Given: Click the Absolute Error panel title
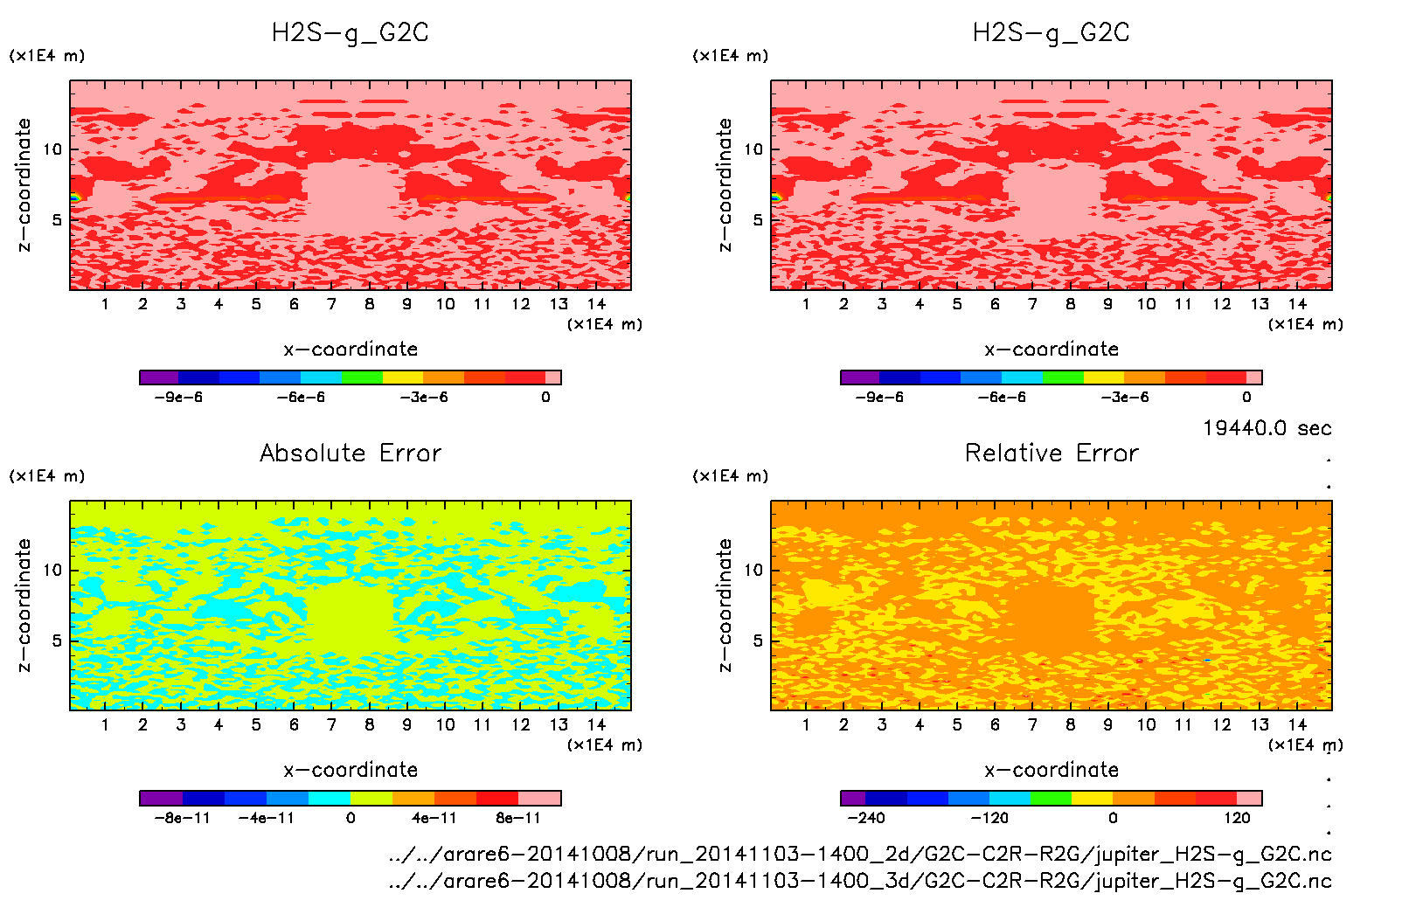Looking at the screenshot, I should pyautogui.click(x=350, y=453).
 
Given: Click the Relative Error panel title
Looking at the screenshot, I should pyautogui.click(x=1051, y=453).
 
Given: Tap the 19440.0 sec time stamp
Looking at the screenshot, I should pyautogui.click(x=1267, y=428).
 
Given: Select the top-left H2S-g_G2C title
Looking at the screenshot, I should pyautogui.click(x=350, y=33).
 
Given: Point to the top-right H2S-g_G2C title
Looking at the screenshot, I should pyautogui.click(x=1051, y=33).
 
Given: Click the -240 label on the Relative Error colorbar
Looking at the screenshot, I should pyautogui.click(x=865, y=818).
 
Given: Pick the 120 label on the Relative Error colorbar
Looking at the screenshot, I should pyautogui.click(x=1237, y=818).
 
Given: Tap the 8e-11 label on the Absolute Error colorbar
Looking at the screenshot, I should pyautogui.click(x=518, y=818).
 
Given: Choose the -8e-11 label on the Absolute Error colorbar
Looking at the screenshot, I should pyautogui.click(x=182, y=818).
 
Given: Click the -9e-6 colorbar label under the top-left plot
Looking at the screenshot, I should pyautogui.click(x=178, y=397).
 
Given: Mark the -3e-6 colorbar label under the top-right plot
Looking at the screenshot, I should pyautogui.click(x=1125, y=397).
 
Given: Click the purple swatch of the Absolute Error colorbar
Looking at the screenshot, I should pyautogui.click(x=161, y=798).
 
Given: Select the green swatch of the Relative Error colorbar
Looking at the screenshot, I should pyautogui.click(x=1051, y=798).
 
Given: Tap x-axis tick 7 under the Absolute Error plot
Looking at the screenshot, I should pyautogui.click(x=331, y=724).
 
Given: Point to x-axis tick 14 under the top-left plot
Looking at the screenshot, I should pyautogui.click(x=596, y=304).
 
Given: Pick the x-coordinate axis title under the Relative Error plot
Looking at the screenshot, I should pyautogui.click(x=1051, y=770).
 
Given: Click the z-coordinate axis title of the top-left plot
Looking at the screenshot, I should pyautogui.click(x=24, y=185).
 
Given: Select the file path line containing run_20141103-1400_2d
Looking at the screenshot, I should pyautogui.click(x=860, y=854).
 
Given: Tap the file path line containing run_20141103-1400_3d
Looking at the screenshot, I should pyautogui.click(x=860, y=880).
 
